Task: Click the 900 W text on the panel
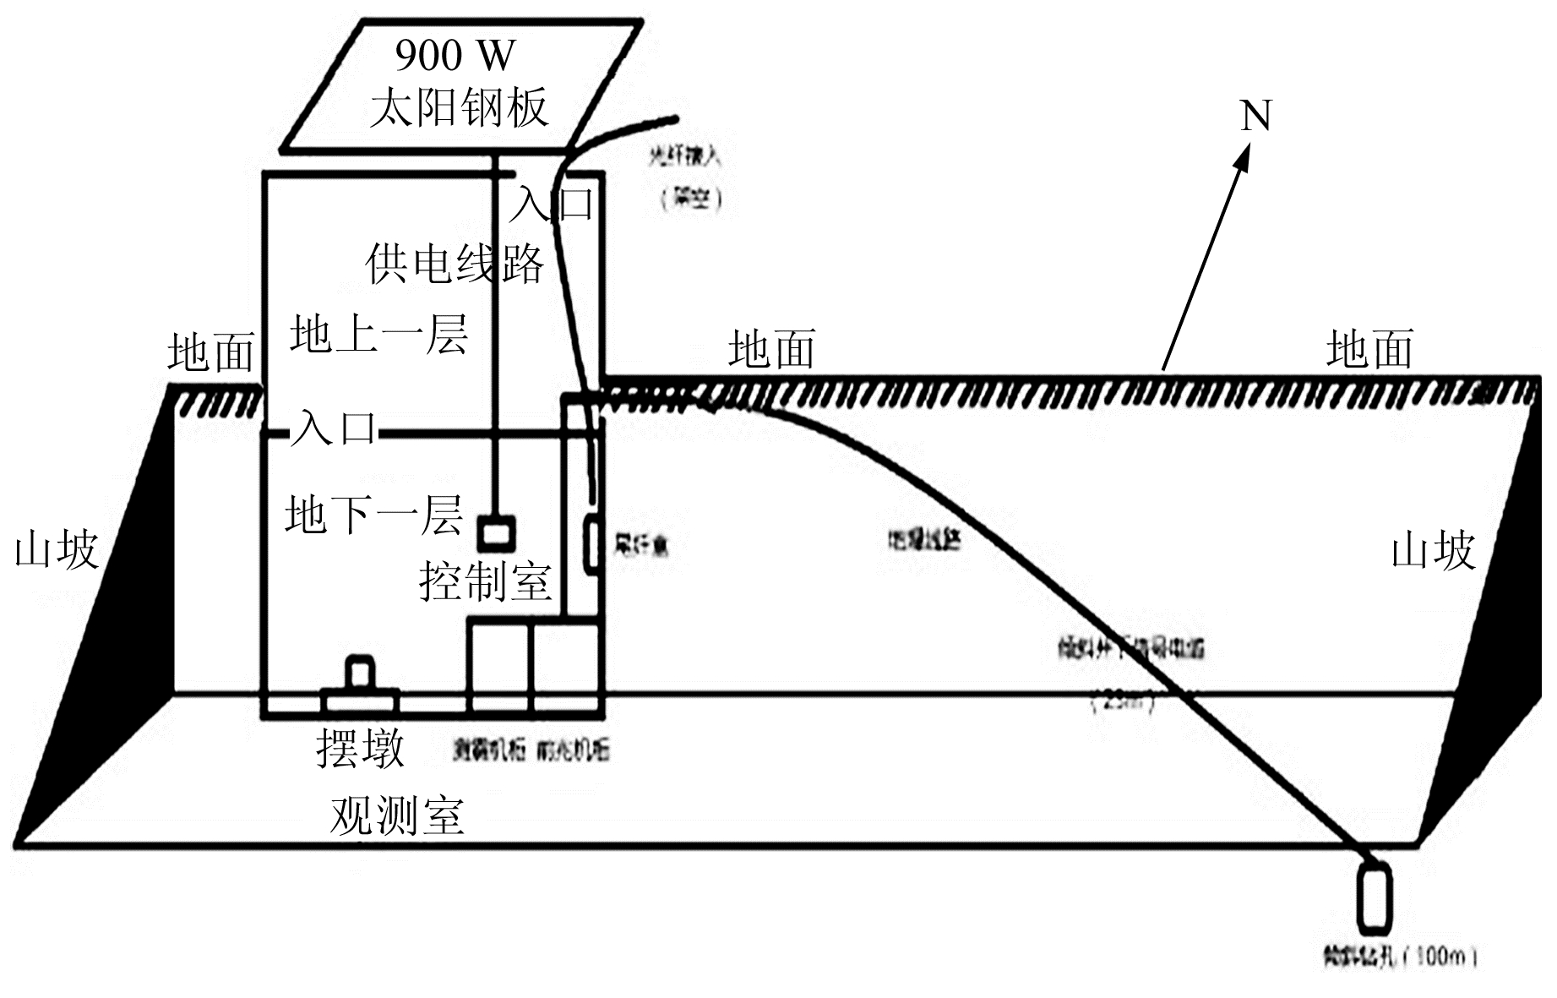(455, 56)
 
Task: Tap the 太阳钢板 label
(459, 107)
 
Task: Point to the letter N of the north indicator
(1255, 116)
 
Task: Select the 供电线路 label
(455, 264)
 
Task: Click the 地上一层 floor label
(378, 334)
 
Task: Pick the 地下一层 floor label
(374, 515)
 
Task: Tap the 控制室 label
(485, 581)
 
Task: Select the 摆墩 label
(361, 748)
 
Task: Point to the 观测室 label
(397, 815)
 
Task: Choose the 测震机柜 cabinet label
(488, 749)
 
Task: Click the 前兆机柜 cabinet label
(573, 749)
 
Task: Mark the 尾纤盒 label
(641, 544)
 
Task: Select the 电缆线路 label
(924, 539)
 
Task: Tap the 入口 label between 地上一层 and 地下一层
(334, 428)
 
